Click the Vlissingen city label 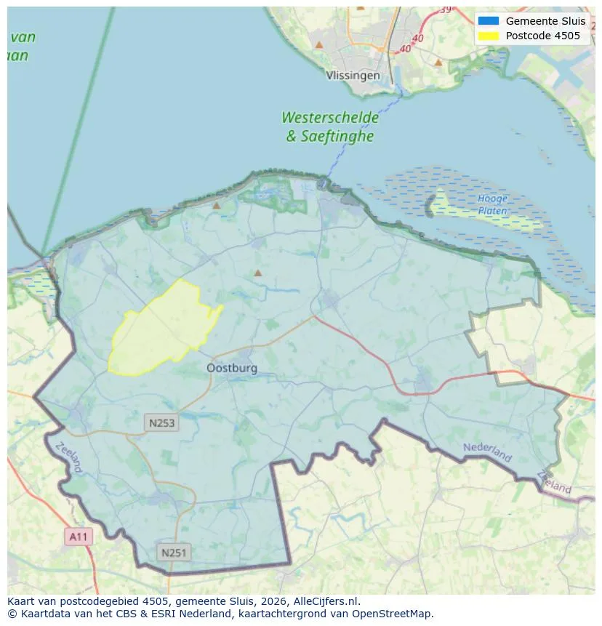pyautogui.click(x=353, y=76)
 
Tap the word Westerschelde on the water pyautogui.click(x=330, y=118)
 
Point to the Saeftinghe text pyautogui.click(x=338, y=136)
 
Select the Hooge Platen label pyautogui.click(x=492, y=204)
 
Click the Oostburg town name pyautogui.click(x=232, y=369)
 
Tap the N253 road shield pyautogui.click(x=161, y=422)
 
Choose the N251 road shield pyautogui.click(x=174, y=553)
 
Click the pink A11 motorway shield pyautogui.click(x=78, y=537)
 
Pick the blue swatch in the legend pyautogui.click(x=488, y=21)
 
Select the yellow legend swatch pyautogui.click(x=488, y=36)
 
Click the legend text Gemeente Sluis pyautogui.click(x=545, y=21)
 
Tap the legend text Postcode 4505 pyautogui.click(x=543, y=36)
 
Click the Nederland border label pyautogui.click(x=487, y=452)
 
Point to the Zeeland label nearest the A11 pyautogui.click(x=69, y=458)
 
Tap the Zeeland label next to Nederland pyautogui.click(x=554, y=481)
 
